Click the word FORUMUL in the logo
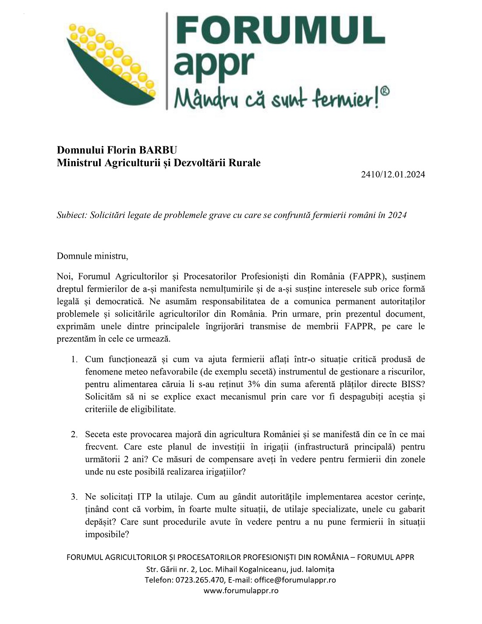[x=279, y=32]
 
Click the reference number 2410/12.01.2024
[x=393, y=175]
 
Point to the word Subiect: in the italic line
[x=72, y=215]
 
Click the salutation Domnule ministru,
[x=92, y=256]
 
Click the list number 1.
[x=74, y=360]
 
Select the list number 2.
[x=74, y=435]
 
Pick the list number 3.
[x=74, y=497]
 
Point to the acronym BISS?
[x=413, y=385]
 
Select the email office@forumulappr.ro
[x=295, y=580]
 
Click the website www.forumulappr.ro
[x=241, y=590]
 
